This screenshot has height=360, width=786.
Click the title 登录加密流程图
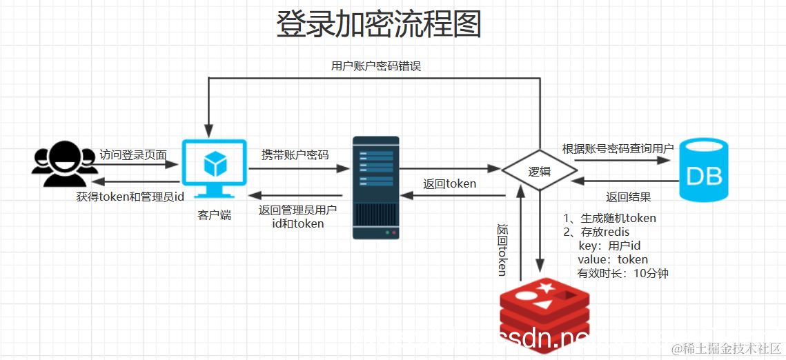(378, 24)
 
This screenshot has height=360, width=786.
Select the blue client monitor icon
(215, 168)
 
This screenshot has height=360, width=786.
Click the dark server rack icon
(376, 188)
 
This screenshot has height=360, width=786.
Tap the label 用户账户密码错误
(376, 66)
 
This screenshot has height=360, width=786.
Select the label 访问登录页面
(133, 154)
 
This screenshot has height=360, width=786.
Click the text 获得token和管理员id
(130, 197)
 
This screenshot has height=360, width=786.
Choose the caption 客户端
(215, 215)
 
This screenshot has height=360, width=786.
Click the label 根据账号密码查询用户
(618, 149)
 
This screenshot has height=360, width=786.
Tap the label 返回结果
(628, 197)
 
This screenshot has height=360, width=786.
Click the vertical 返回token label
(502, 250)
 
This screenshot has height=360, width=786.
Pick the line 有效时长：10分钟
(622, 273)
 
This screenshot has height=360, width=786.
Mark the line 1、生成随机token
(610, 218)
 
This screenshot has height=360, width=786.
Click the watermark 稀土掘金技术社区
(726, 348)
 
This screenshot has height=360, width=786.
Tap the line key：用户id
(609, 246)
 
